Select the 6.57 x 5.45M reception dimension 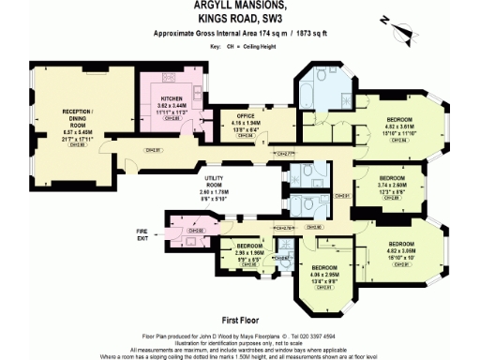point(75,133)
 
